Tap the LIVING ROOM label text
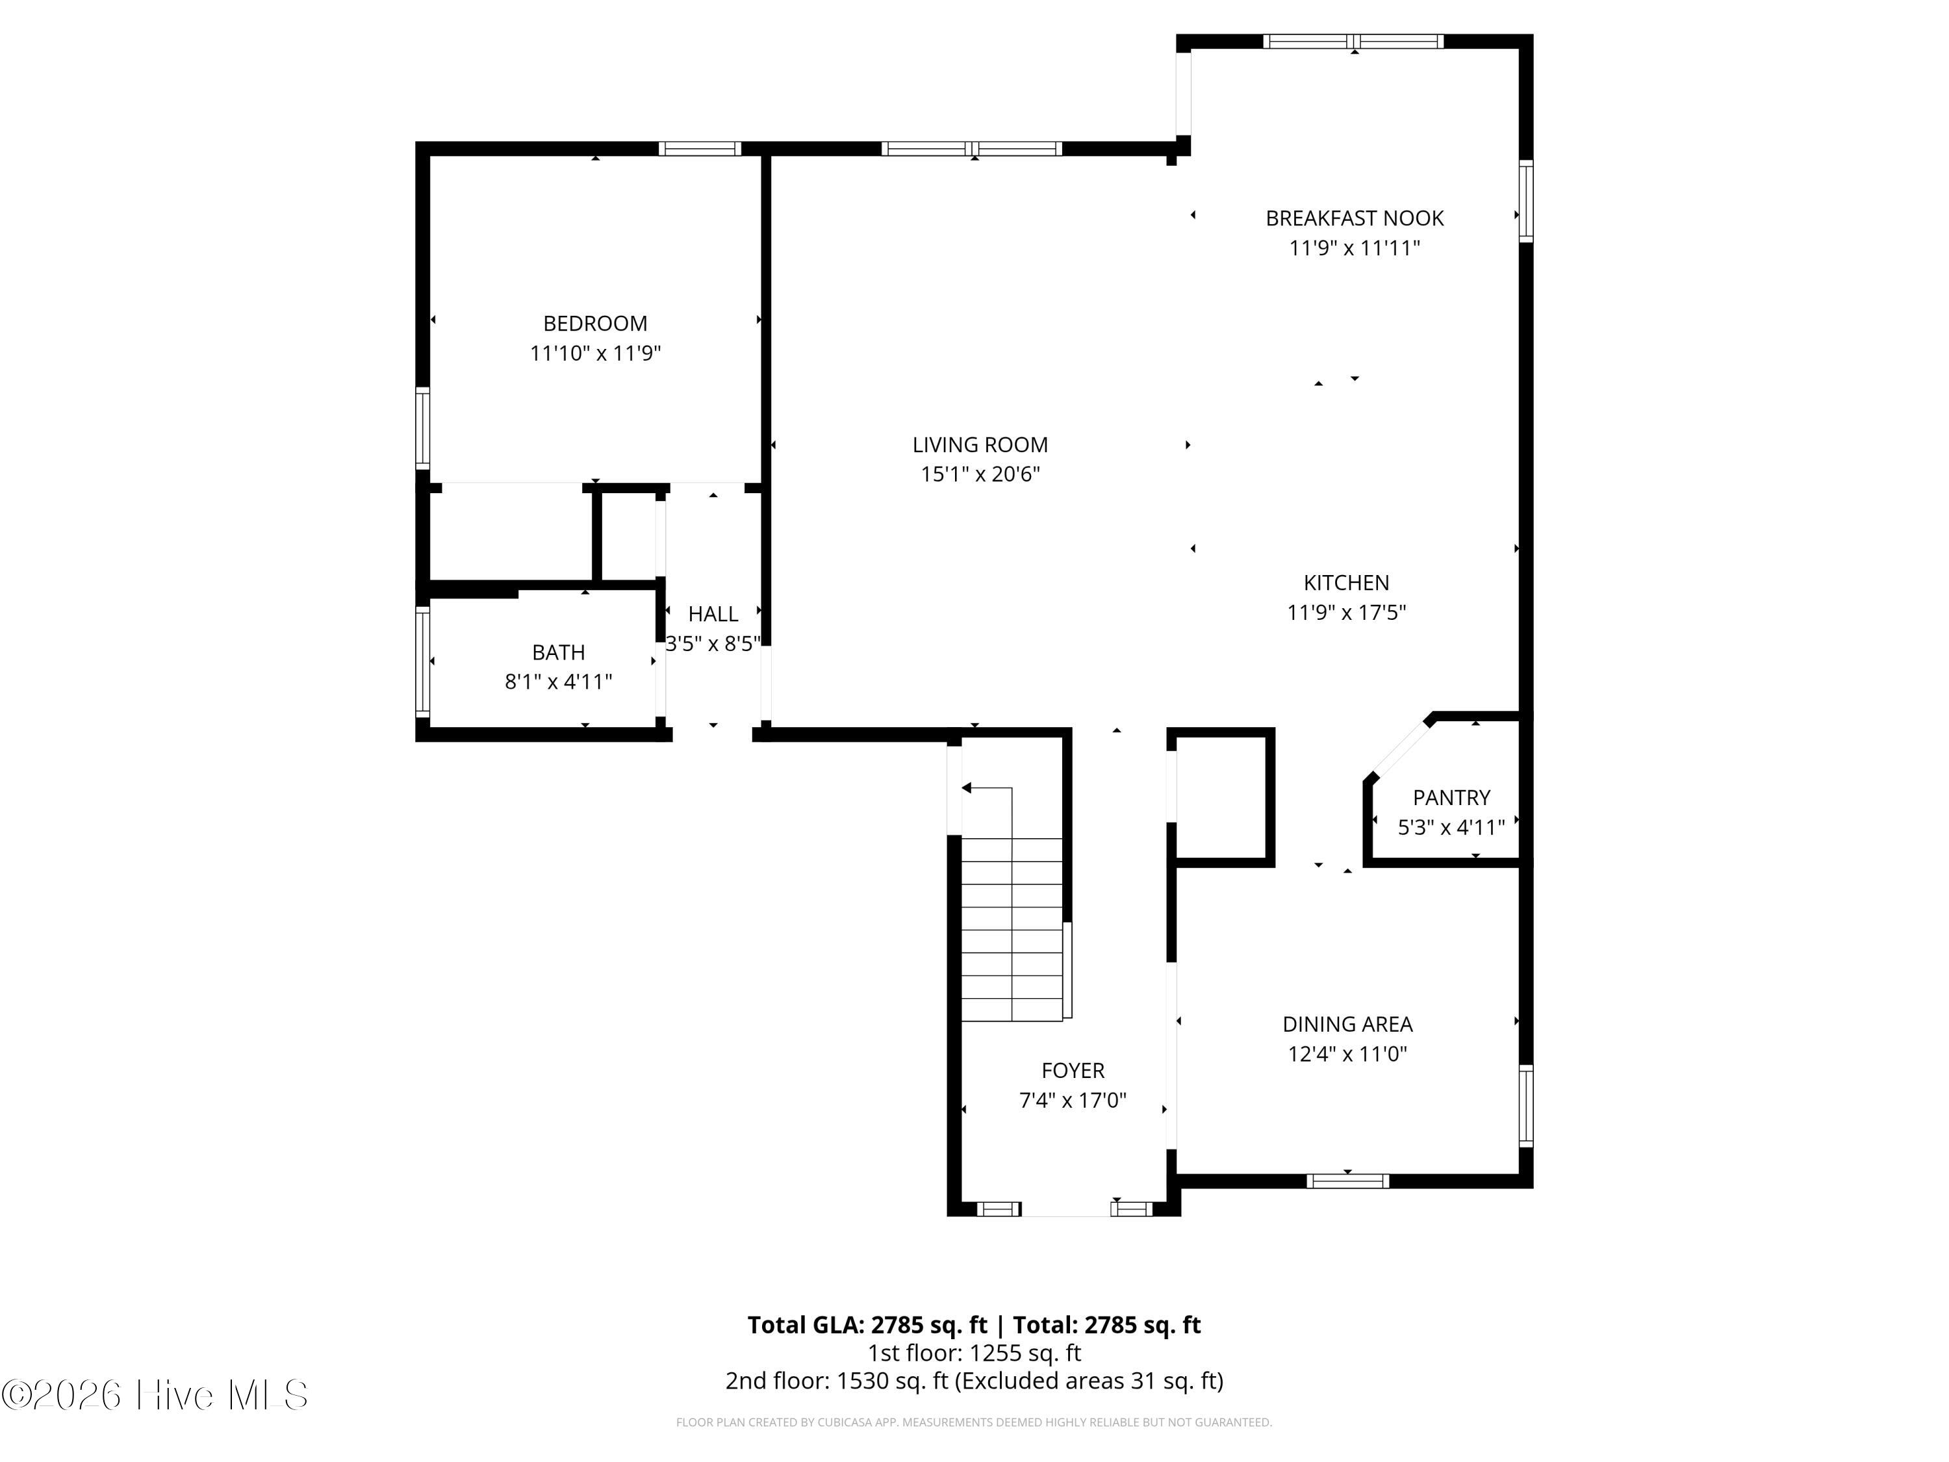pos(980,445)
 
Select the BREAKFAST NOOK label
pos(1355,218)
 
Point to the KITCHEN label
pos(1345,582)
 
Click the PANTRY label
pos(1451,797)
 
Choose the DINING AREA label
pos(1347,1024)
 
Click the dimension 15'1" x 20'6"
pos(980,474)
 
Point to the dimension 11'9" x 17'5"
pos(1345,611)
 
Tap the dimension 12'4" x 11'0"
pos(1347,1053)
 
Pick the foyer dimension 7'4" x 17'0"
pos(1073,1100)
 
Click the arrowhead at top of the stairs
pos(965,788)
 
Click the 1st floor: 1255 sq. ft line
pos(974,1353)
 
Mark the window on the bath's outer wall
pos(423,662)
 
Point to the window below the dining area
pos(1347,1181)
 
